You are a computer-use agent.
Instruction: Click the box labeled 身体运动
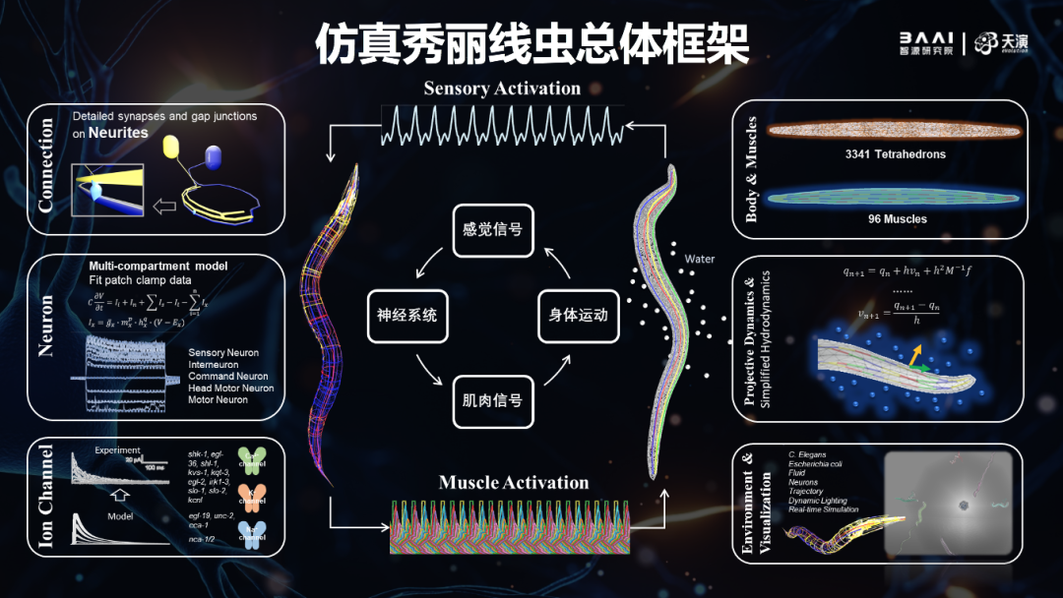pos(578,317)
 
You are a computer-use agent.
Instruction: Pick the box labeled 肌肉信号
pos(492,400)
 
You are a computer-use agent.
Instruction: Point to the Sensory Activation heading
pos(502,89)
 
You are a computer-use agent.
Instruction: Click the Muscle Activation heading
pos(514,483)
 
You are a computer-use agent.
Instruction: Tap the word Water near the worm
pos(700,260)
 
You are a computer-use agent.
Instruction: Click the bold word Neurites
pos(117,132)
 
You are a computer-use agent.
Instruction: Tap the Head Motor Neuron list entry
pos(231,388)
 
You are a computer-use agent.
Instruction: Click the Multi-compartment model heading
pos(158,267)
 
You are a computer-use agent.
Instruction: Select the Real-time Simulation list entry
pos(824,509)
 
